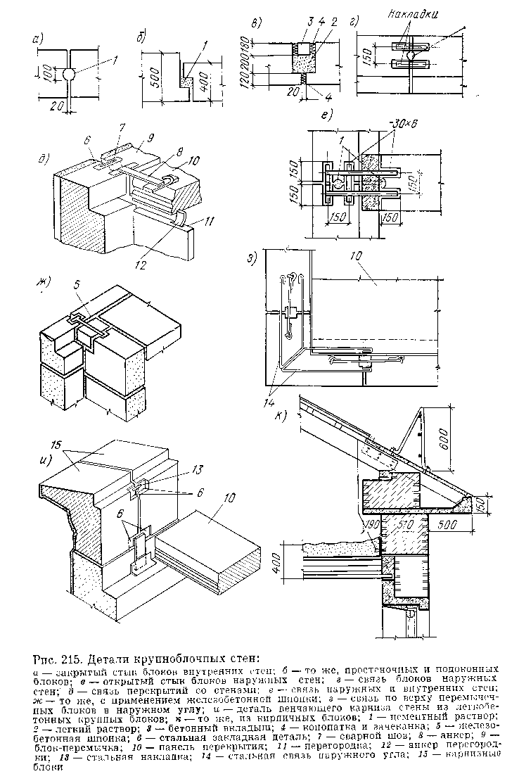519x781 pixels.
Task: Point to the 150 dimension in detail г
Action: [365, 55]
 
